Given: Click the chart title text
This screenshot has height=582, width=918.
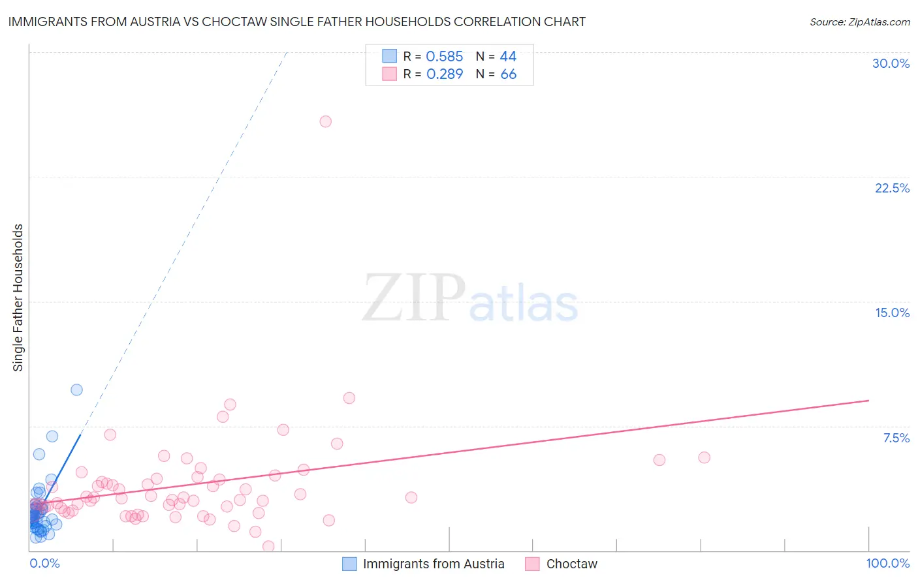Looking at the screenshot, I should (296, 22).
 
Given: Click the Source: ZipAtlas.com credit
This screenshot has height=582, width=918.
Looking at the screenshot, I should (859, 22).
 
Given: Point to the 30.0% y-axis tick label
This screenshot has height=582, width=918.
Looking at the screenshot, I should (891, 63).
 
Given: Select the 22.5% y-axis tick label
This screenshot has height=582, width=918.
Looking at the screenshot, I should (892, 188).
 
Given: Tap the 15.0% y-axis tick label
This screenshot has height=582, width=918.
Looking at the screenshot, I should (892, 313).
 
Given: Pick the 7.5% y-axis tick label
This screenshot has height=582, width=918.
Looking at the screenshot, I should (896, 438).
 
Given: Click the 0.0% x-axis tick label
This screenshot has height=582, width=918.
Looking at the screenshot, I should (44, 563).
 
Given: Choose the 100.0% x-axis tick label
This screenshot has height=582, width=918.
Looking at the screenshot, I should (887, 563).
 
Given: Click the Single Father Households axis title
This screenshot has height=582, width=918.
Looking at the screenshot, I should (18, 298).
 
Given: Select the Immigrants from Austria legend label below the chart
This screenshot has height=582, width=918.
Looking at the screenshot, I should (434, 564).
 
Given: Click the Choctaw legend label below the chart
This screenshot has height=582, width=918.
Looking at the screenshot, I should (571, 564).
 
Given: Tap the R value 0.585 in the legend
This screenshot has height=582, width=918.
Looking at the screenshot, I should (444, 57).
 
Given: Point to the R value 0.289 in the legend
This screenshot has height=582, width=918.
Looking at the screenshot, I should (444, 74).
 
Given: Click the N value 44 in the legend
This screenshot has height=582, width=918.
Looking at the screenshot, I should (508, 57).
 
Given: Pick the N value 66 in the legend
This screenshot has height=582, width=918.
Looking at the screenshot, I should (508, 74).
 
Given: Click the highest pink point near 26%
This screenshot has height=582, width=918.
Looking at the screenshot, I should (325, 121).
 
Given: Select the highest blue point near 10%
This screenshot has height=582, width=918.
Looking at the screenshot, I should (76, 390).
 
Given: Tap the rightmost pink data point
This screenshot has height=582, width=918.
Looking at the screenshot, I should (704, 457).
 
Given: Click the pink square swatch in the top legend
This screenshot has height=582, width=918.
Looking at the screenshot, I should (389, 74).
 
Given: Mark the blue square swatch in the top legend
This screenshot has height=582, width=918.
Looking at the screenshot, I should (389, 56).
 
